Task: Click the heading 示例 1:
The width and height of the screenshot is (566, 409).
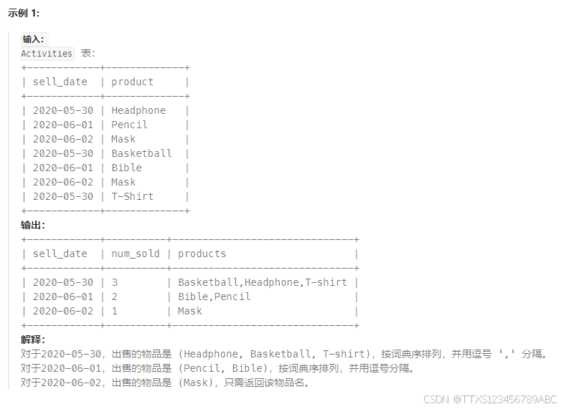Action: [24, 14]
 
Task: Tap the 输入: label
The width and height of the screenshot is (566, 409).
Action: [33, 39]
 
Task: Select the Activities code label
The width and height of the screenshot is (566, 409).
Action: [47, 54]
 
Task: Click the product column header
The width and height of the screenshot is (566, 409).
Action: [132, 82]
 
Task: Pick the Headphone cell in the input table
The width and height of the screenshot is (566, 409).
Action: [138, 110]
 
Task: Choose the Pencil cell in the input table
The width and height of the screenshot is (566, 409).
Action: [129, 125]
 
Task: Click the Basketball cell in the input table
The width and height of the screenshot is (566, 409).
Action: [141, 153]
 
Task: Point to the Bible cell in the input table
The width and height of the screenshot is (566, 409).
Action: [126, 168]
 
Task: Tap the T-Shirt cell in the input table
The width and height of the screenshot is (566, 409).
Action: [132, 196]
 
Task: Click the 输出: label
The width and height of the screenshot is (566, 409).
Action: [33, 225]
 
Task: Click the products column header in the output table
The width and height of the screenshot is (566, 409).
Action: [202, 254]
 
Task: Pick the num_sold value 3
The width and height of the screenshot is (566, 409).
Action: [114, 282]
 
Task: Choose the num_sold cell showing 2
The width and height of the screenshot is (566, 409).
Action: [114, 297]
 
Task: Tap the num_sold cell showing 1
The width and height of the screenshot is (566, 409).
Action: [114, 311]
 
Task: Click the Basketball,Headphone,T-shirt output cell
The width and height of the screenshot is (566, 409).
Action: [262, 282]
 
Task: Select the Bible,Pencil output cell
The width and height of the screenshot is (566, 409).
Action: [214, 297]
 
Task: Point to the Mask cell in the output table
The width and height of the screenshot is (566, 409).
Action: [190, 311]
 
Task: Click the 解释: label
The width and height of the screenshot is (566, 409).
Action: [33, 340]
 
